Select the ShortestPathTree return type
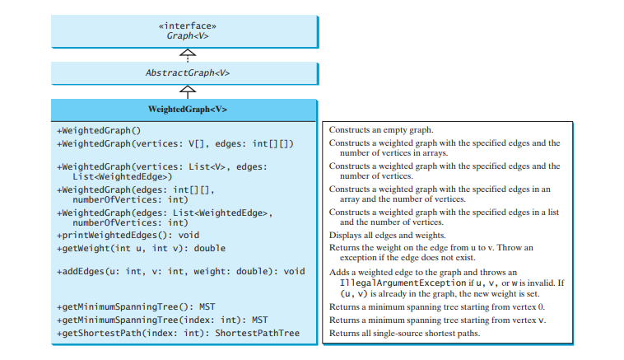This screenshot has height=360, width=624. pos(258,333)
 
